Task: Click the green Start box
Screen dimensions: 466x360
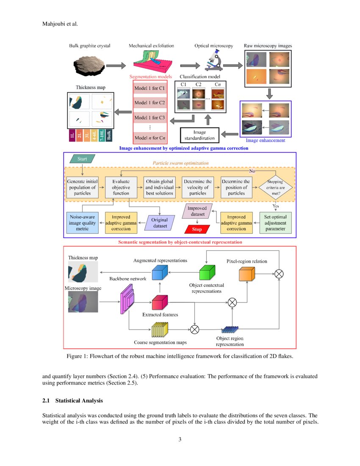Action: [x=81, y=159]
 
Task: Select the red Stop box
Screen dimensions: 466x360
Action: [x=197, y=229]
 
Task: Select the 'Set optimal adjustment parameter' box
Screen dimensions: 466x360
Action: [x=275, y=223]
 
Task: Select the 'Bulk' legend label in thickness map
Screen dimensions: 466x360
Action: [x=109, y=136]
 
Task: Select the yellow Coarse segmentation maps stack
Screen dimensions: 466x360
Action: [x=160, y=329]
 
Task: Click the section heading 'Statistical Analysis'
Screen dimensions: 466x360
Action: [x=78, y=400]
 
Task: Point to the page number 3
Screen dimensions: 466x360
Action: [x=180, y=439]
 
